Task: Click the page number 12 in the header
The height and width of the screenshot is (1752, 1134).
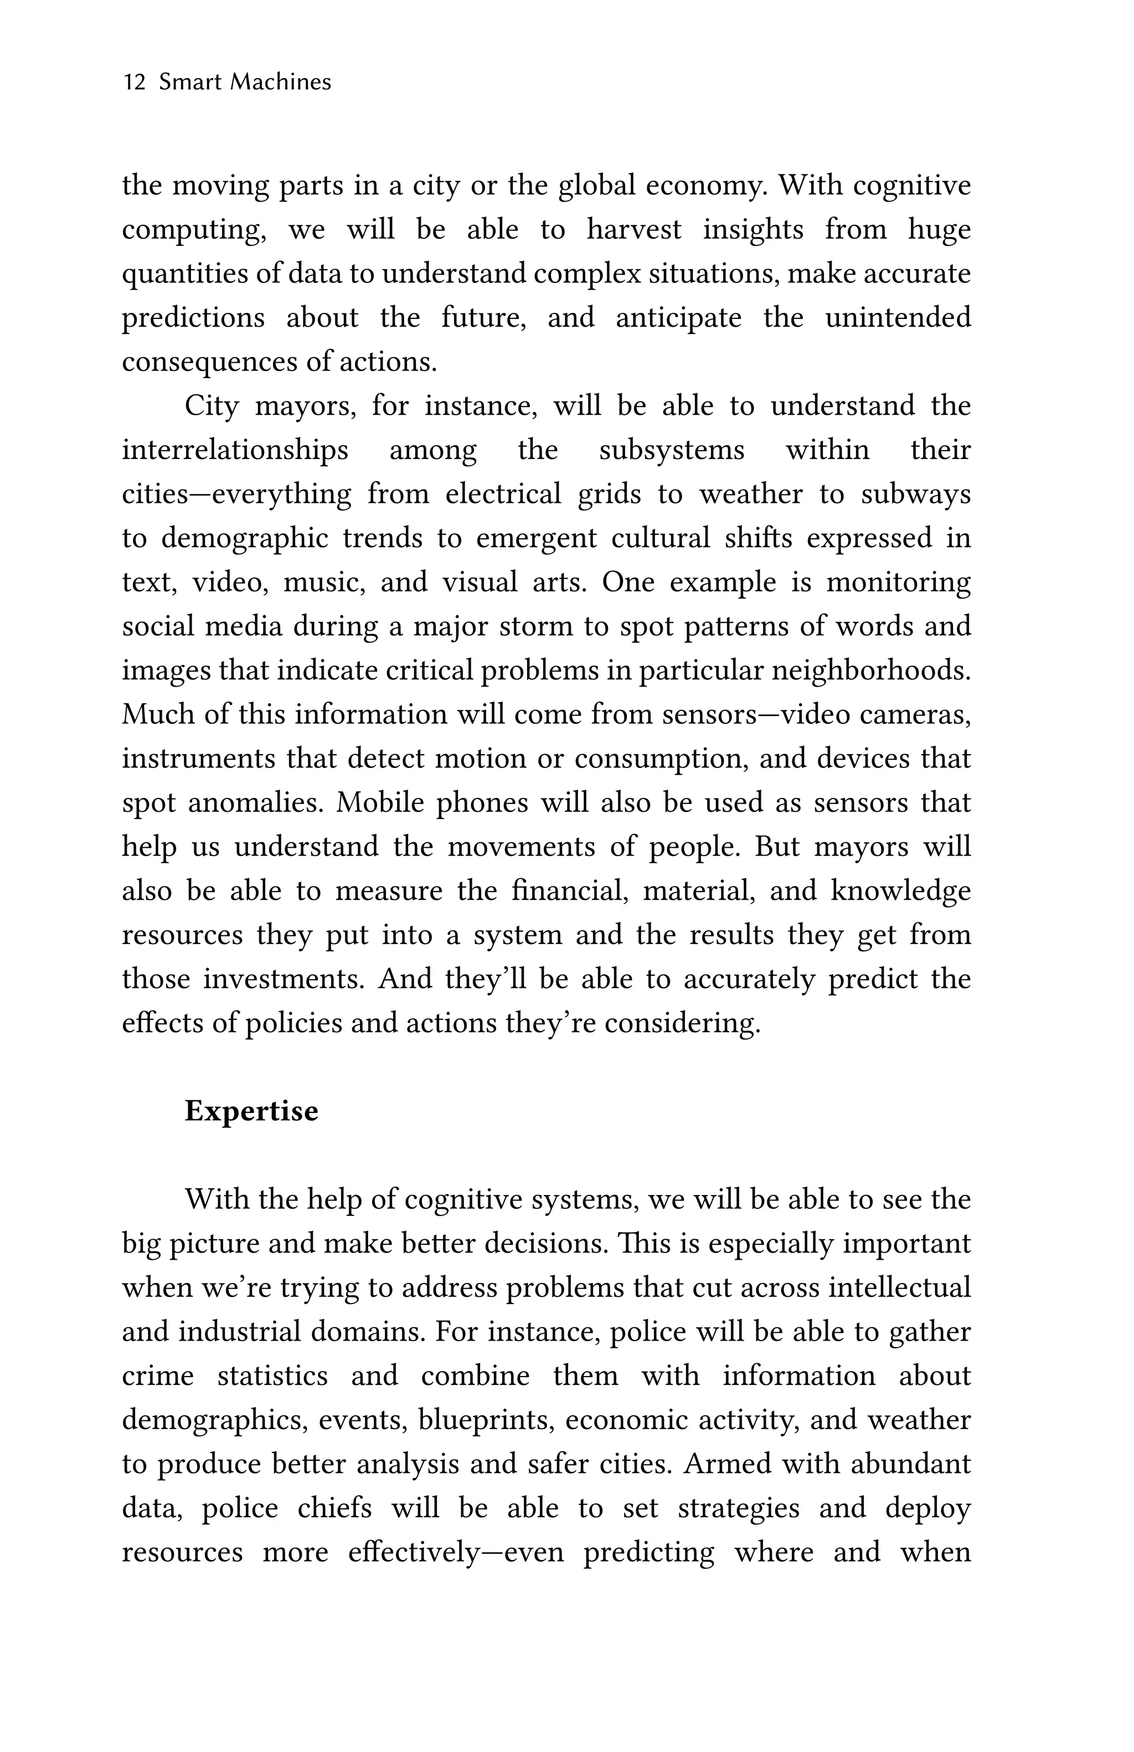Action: click(x=134, y=82)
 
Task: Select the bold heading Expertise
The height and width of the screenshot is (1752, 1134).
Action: click(x=251, y=1111)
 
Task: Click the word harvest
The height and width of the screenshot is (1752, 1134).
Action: click(x=633, y=230)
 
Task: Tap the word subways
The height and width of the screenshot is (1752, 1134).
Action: click(x=915, y=494)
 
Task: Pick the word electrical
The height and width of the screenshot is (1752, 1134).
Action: click(x=503, y=494)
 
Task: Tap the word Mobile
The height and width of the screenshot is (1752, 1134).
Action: click(x=380, y=803)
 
